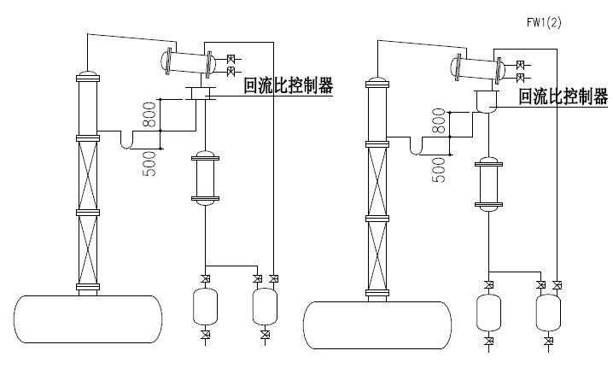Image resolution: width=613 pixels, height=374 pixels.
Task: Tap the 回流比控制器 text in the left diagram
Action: click(288, 85)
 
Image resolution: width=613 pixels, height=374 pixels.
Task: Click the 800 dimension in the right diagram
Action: click(439, 123)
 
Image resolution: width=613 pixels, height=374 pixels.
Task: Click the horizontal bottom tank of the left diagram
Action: click(89, 318)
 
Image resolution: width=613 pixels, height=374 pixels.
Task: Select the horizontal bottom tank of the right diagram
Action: click(376, 324)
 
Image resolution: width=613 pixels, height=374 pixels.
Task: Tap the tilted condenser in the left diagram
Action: click(189, 61)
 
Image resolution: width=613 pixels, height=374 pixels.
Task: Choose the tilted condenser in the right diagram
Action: click(477, 67)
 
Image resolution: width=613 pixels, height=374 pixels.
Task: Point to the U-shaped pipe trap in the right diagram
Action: click(419, 149)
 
